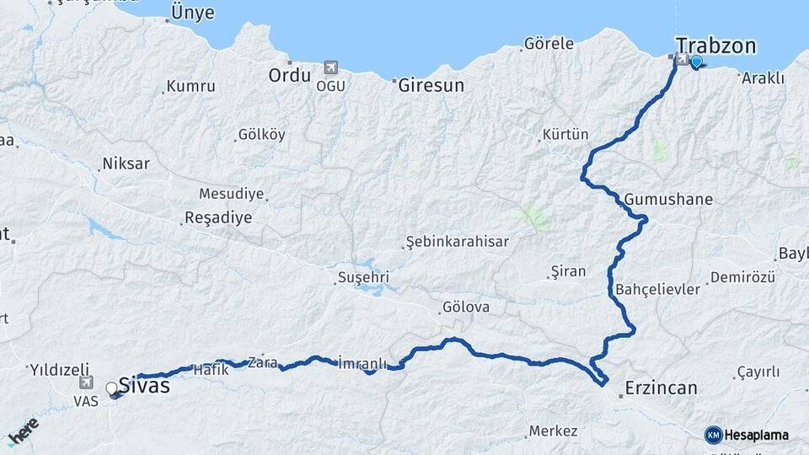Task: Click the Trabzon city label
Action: pos(715,45)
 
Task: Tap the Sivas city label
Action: pos(144,386)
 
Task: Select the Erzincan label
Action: pos(661,388)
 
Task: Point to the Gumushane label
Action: pos(668,200)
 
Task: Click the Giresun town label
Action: pos(431,85)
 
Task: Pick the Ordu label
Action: pos(290,75)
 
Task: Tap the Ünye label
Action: pos(192,13)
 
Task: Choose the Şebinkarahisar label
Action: pos(457,242)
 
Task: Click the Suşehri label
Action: pos(362,276)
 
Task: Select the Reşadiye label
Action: pos(217,218)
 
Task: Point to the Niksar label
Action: pos(126,163)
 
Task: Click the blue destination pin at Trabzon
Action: pos(696,62)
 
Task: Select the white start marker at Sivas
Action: pos(111,388)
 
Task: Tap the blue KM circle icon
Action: pos(713,435)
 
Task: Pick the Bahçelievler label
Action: pos(658,289)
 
